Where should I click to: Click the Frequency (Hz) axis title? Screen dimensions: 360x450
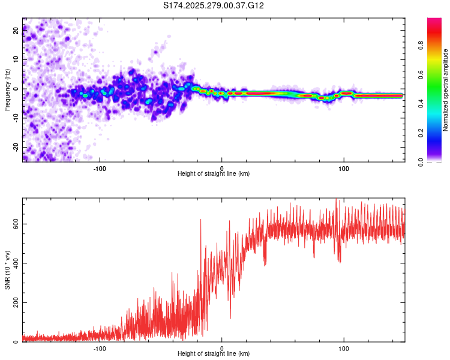tap(7, 89)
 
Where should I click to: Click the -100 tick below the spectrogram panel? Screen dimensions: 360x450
tap(100, 167)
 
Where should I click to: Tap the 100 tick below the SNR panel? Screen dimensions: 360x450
tap(344, 348)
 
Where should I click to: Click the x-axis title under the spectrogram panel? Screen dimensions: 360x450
tap(214, 174)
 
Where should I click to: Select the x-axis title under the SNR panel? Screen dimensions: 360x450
tap(214, 355)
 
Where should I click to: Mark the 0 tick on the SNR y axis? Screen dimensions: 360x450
tap(17, 342)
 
